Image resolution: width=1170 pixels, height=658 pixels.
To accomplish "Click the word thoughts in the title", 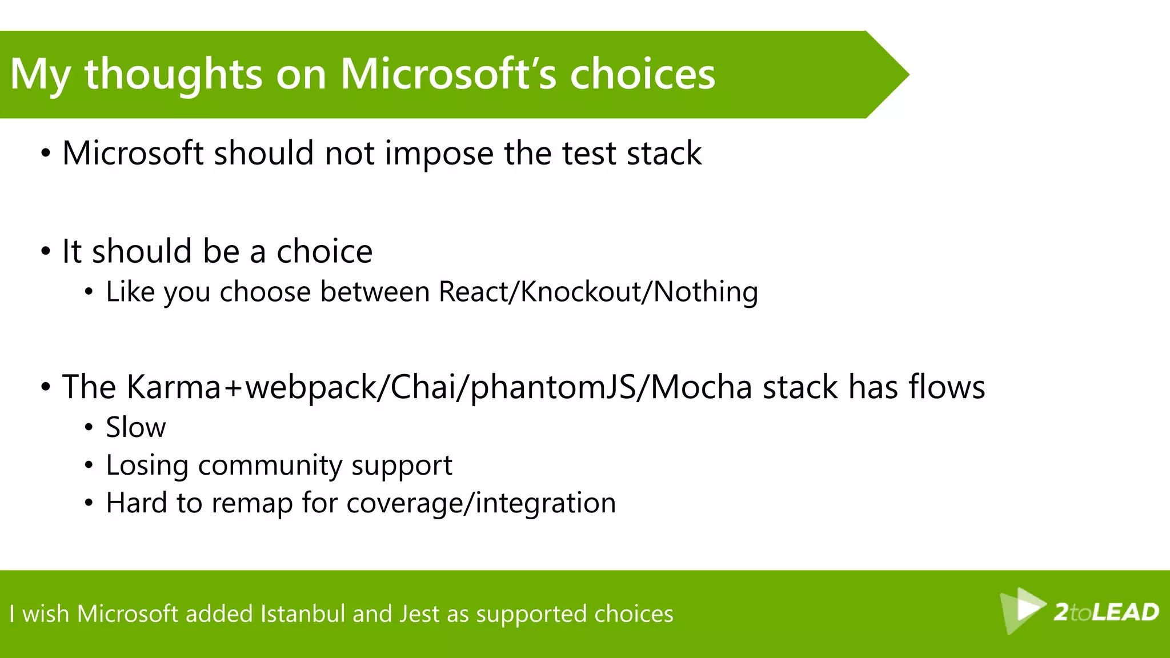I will (173, 74).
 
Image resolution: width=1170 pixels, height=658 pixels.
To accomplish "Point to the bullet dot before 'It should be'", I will (46, 252).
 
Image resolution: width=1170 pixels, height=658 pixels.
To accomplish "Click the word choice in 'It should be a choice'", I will (324, 251).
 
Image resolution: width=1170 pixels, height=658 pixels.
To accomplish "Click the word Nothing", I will (706, 292).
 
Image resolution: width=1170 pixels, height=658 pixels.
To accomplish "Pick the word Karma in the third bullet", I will (173, 387).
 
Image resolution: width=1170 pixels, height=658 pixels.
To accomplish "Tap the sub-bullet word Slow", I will (135, 427).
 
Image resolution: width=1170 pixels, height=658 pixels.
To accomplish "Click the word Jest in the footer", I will (419, 614).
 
